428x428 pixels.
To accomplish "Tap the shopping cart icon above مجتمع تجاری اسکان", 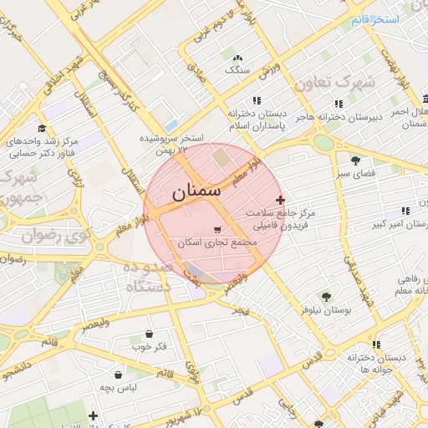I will pyautogui.click(x=218, y=229).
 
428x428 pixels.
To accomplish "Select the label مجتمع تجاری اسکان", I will pyautogui.click(x=213, y=242).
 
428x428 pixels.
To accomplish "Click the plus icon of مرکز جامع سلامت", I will pyautogui.click(x=280, y=200).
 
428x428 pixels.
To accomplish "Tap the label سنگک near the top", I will pyautogui.click(x=237, y=70).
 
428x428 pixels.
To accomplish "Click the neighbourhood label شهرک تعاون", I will pyautogui.click(x=332, y=84).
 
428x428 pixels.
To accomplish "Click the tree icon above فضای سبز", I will pyautogui.click(x=355, y=160).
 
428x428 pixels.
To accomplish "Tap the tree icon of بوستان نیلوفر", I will pyautogui.click(x=326, y=296).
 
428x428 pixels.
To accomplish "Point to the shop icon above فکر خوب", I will pyautogui.click(x=149, y=334).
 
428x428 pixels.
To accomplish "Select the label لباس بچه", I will pyautogui.click(x=118, y=387).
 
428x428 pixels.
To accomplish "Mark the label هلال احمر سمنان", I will pyautogui.click(x=410, y=117).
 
